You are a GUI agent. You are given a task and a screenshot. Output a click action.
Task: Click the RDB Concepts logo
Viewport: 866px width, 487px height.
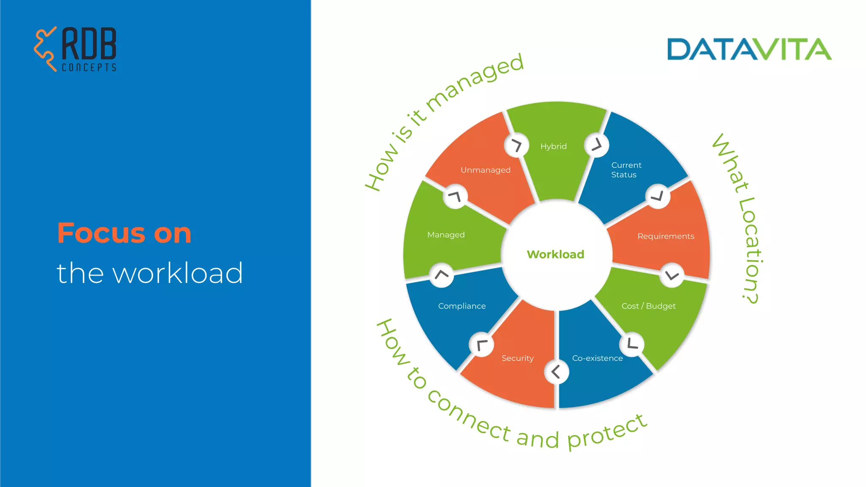point(75,49)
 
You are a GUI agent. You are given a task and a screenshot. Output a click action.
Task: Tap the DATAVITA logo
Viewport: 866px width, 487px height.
point(749,49)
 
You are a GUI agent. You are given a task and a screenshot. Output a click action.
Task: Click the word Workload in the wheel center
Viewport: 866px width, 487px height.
point(555,254)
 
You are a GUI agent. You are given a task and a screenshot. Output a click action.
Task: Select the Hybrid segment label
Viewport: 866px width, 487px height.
point(553,146)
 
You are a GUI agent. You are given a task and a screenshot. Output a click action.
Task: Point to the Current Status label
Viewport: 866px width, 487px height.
point(626,170)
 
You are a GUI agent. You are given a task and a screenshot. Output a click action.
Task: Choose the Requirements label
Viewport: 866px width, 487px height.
point(666,236)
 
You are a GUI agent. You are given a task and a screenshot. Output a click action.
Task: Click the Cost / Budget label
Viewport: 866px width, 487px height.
point(648,306)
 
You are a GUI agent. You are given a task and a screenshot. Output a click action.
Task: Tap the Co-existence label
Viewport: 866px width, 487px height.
point(597,358)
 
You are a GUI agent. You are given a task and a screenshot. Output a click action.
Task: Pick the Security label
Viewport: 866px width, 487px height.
point(517,358)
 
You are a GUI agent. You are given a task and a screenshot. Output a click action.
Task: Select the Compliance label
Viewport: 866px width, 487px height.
point(462,306)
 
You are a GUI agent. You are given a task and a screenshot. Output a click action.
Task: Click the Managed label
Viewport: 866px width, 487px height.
point(446,235)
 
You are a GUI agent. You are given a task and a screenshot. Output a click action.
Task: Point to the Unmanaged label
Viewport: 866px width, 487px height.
point(485,170)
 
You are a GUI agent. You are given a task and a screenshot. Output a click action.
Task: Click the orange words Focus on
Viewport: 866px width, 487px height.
point(124,233)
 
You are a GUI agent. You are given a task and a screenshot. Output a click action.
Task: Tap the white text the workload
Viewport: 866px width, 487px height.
point(150,273)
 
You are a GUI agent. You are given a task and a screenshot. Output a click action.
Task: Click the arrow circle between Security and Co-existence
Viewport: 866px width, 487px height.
point(556,372)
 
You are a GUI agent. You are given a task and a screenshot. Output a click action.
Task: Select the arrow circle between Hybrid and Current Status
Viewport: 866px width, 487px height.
point(596,145)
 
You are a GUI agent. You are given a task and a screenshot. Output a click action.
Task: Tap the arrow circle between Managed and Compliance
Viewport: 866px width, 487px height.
point(441,275)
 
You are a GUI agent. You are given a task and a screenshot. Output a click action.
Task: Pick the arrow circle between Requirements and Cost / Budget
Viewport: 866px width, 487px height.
point(671,276)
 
